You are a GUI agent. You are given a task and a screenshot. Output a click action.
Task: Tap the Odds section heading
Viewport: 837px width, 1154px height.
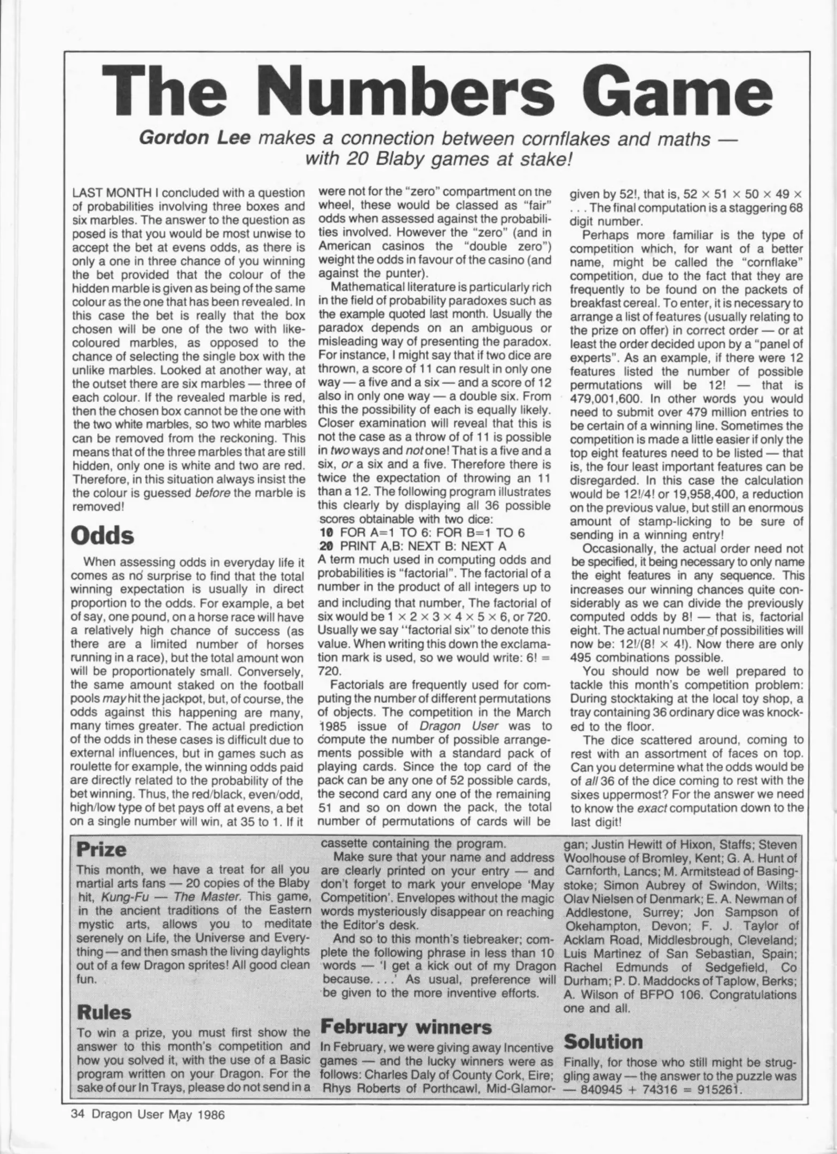(103, 535)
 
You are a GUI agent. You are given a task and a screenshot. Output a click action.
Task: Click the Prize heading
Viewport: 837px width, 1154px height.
(101, 848)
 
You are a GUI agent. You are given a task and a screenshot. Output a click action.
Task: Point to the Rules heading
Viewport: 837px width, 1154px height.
(104, 1011)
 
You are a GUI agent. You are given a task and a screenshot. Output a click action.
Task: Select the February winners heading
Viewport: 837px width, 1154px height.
(406, 1026)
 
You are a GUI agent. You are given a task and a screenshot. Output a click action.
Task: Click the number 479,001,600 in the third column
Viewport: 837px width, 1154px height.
(607, 399)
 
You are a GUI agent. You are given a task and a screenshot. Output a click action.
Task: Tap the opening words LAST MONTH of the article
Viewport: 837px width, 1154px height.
(113, 192)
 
